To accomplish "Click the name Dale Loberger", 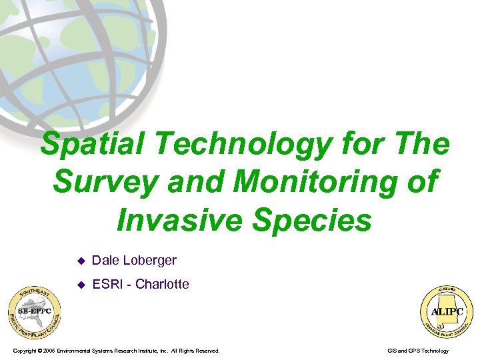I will [x=134, y=260].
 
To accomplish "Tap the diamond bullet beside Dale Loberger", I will [x=81, y=261].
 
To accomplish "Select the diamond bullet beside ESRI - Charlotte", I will [x=81, y=285].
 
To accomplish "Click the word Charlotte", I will [x=162, y=284].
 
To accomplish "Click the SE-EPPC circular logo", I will [x=34, y=312].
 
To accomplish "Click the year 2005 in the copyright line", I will [x=49, y=351].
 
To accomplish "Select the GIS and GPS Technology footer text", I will [x=417, y=351].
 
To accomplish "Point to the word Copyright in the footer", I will [x=24, y=351].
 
